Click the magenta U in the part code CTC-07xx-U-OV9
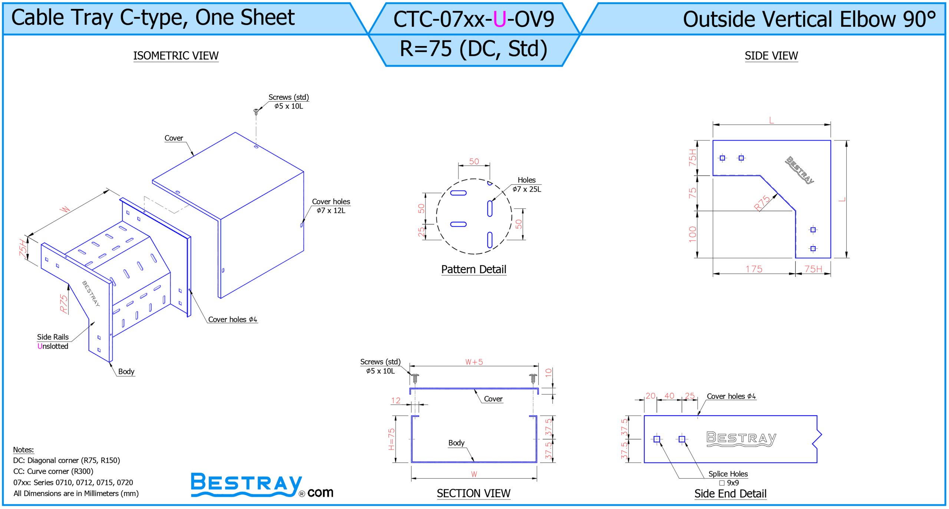coord(500,20)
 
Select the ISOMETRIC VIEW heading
coord(176,56)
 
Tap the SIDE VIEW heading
coord(771,56)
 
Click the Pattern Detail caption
coord(473,269)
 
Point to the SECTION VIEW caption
coord(473,493)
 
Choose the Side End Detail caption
coord(730,493)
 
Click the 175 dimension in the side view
coord(754,269)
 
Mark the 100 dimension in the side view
coord(692,234)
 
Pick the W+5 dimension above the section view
coord(474,362)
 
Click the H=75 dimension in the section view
coord(391,439)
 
